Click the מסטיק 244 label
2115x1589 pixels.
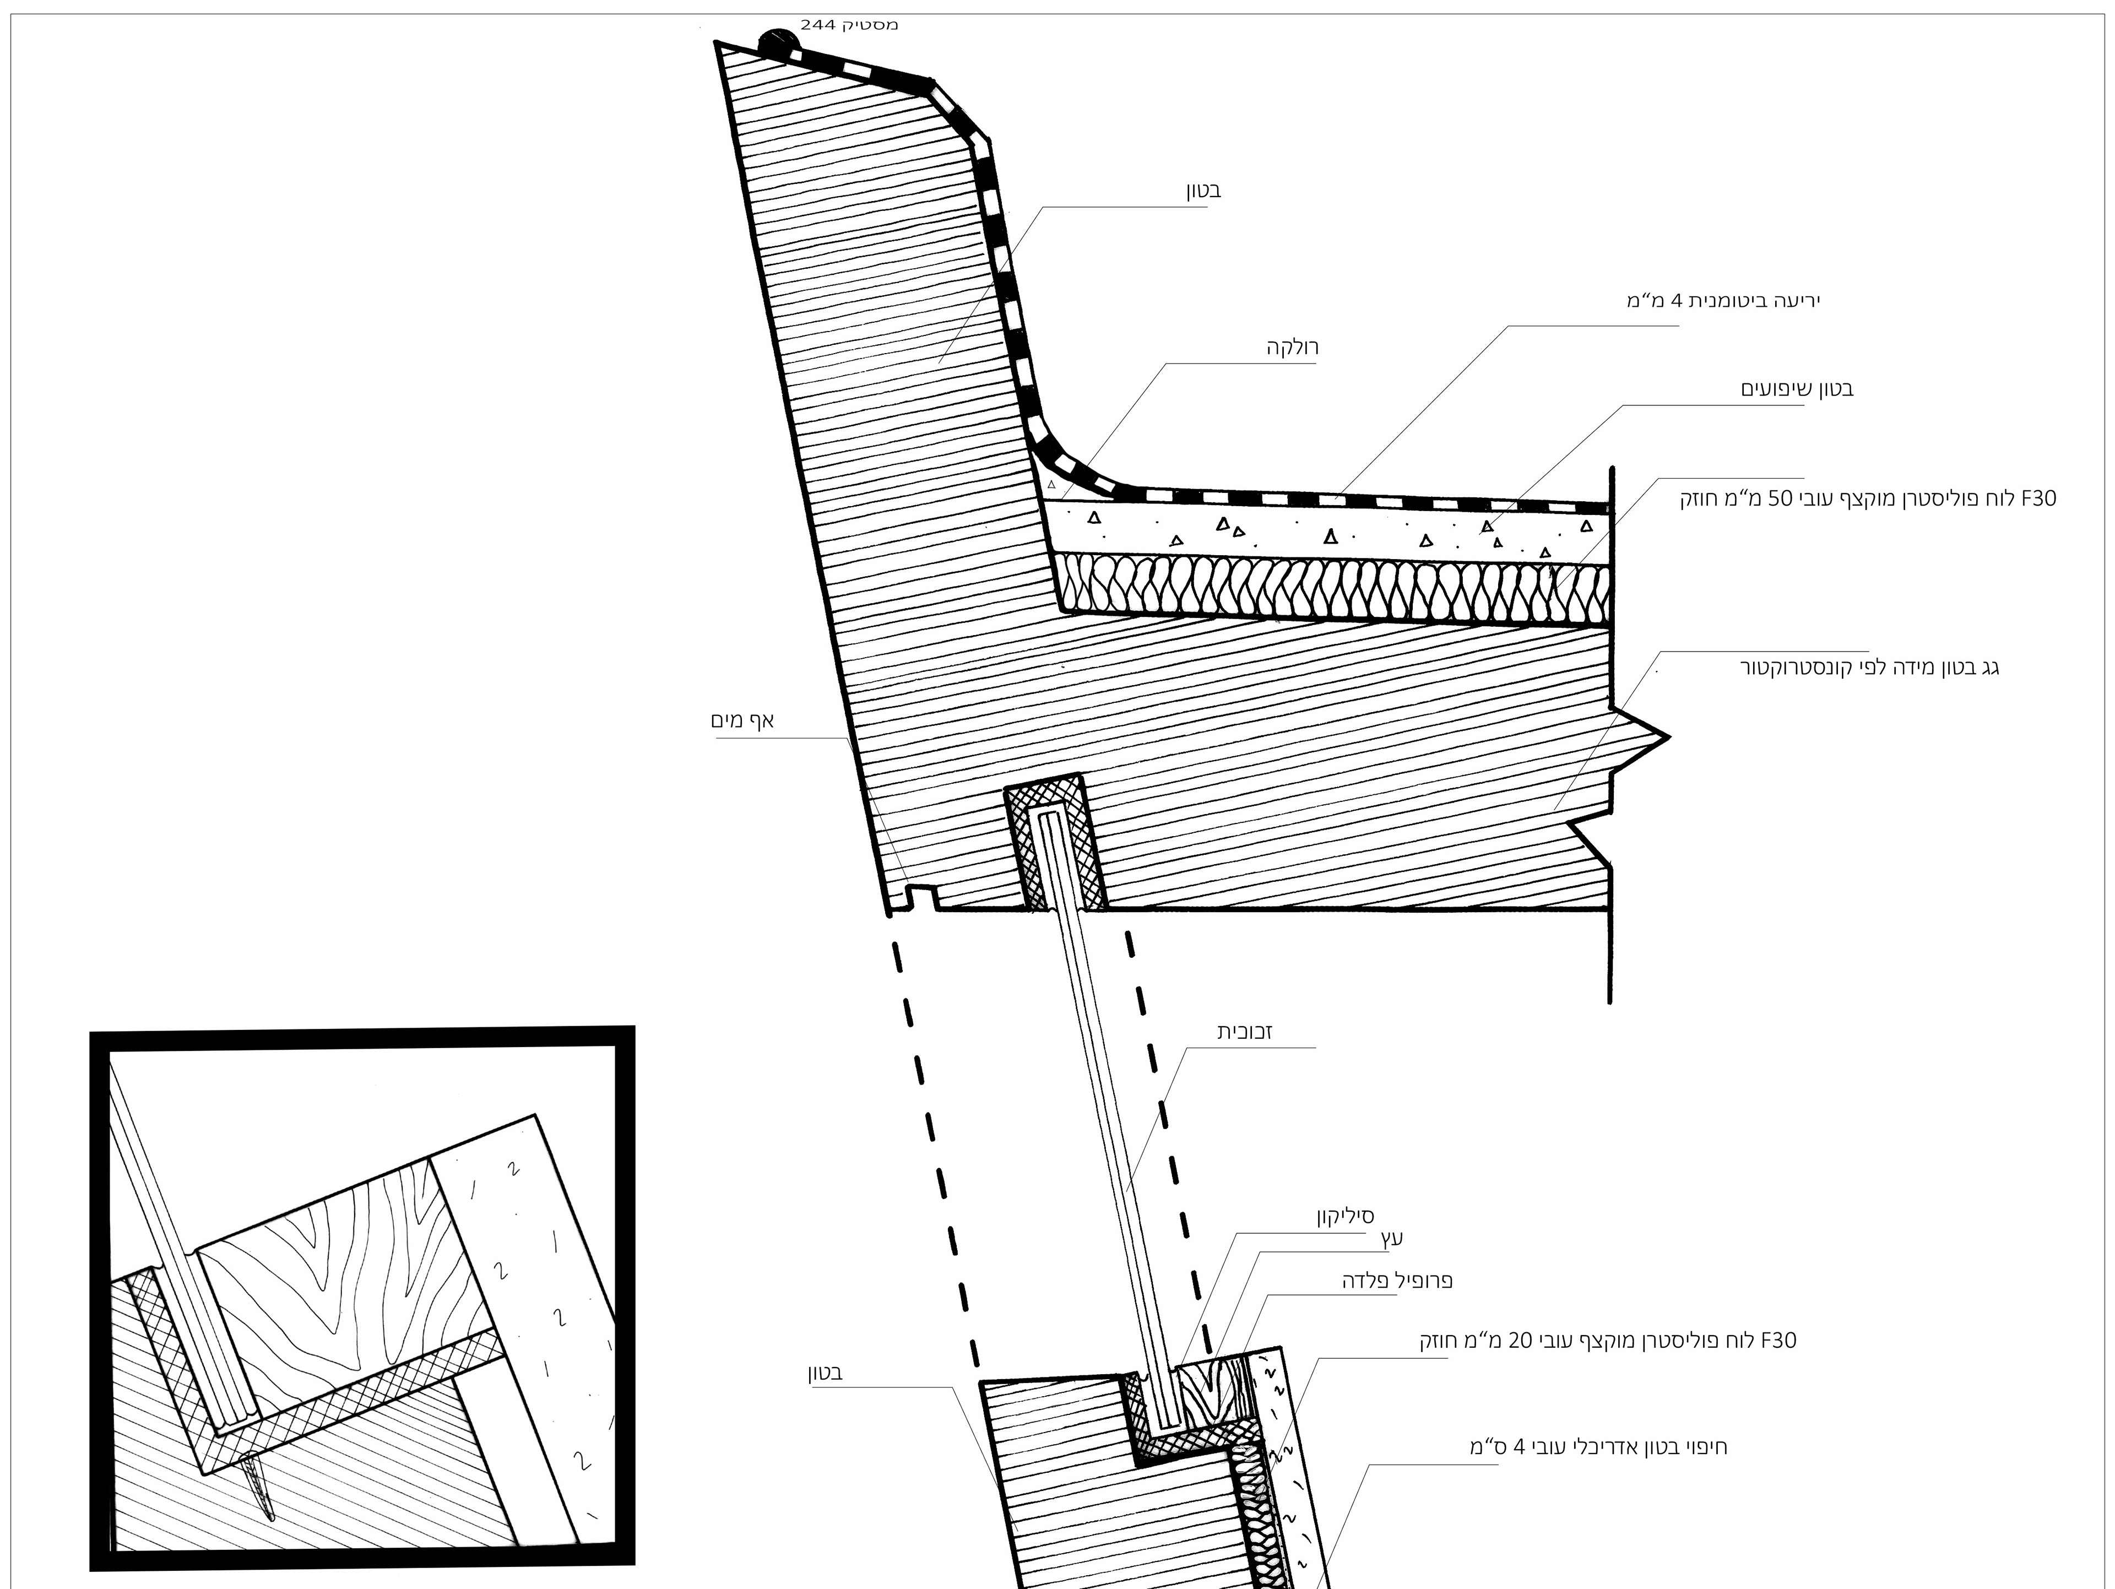[x=849, y=25]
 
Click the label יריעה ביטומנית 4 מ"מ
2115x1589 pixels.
[x=1723, y=301]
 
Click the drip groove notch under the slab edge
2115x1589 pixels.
[x=921, y=897]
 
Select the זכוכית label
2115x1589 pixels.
[x=1244, y=1032]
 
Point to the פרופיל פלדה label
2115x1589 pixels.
[x=1397, y=1280]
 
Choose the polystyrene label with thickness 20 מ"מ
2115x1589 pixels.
[x=1607, y=1341]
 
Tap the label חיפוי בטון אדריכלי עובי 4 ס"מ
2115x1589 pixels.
[x=1598, y=1446]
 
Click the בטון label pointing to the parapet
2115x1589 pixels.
[x=1204, y=190]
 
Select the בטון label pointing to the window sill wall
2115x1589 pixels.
[x=824, y=1374]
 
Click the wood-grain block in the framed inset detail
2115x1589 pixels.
[x=335, y=1272]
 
